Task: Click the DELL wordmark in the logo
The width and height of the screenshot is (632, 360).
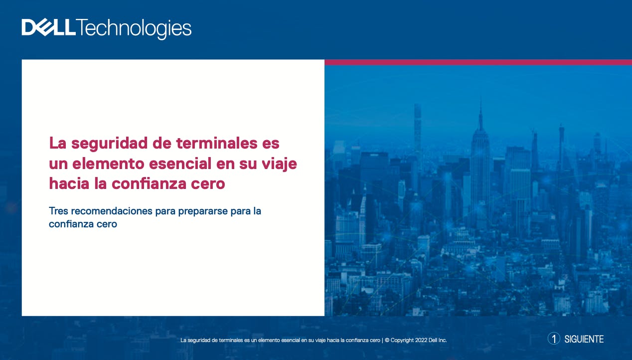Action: coord(49,27)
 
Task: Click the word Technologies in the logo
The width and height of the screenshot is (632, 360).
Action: coord(134,29)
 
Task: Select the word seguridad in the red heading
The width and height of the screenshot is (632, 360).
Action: coord(110,144)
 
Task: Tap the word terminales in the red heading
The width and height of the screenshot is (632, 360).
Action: coord(217,143)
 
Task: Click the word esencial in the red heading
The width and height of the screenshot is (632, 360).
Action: coord(180,163)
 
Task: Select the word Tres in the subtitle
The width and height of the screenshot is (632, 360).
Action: coord(58,211)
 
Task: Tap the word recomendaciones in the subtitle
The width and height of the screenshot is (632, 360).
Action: coord(112,211)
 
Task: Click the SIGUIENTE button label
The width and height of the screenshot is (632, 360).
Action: coord(584,339)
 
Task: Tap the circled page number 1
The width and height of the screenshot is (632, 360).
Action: coord(554,339)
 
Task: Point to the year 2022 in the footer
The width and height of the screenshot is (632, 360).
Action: coord(421,340)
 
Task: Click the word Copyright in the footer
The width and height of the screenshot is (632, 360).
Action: coord(402,341)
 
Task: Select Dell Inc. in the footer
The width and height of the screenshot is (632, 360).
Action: coord(438,340)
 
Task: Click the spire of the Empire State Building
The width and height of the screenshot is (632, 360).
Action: coord(480,113)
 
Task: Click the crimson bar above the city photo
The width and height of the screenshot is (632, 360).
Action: coord(478,62)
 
